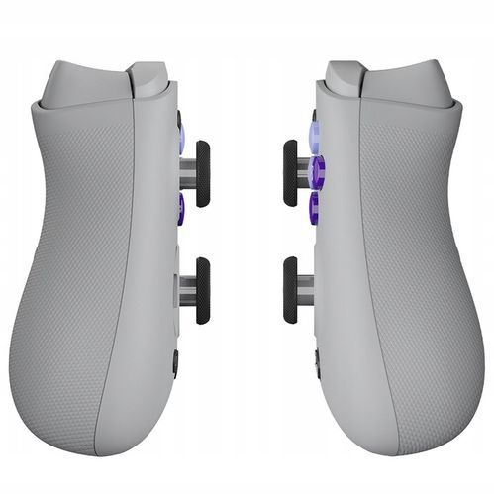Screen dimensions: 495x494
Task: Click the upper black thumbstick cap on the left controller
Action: click(x=202, y=173)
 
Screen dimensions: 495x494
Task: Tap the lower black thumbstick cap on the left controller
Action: click(x=202, y=290)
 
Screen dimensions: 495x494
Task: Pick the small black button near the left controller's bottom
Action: click(x=175, y=361)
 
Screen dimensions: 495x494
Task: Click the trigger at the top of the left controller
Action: click(x=148, y=79)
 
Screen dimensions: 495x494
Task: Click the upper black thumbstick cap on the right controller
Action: click(x=291, y=173)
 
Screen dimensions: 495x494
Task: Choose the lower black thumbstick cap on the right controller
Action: click(x=291, y=290)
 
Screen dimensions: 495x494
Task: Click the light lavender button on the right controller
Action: click(x=314, y=134)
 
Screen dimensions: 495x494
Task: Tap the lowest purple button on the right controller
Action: click(x=314, y=208)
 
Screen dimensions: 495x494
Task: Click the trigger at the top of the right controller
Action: click(x=345, y=79)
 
